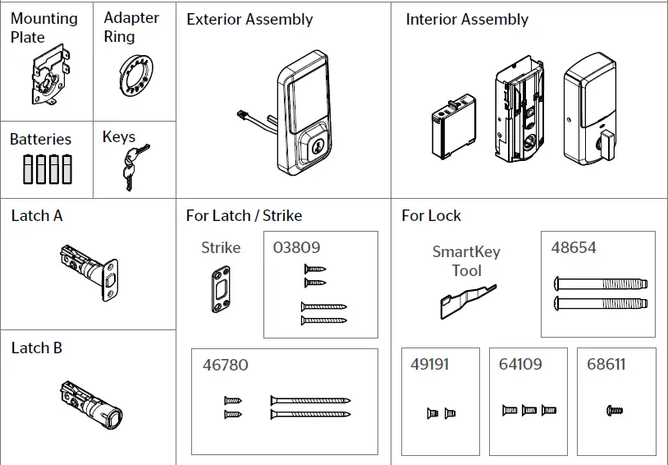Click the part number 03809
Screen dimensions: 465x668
pos(296,247)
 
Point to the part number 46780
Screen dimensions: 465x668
pos(225,365)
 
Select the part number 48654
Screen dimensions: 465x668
pos(574,247)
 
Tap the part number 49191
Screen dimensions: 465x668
pos(429,364)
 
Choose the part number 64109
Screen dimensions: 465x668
pos(520,364)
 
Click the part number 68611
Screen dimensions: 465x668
pos(606,364)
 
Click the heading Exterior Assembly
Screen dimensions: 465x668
pos(249,19)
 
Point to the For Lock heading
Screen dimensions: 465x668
pos(431,216)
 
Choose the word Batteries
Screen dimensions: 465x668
pos(40,140)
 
